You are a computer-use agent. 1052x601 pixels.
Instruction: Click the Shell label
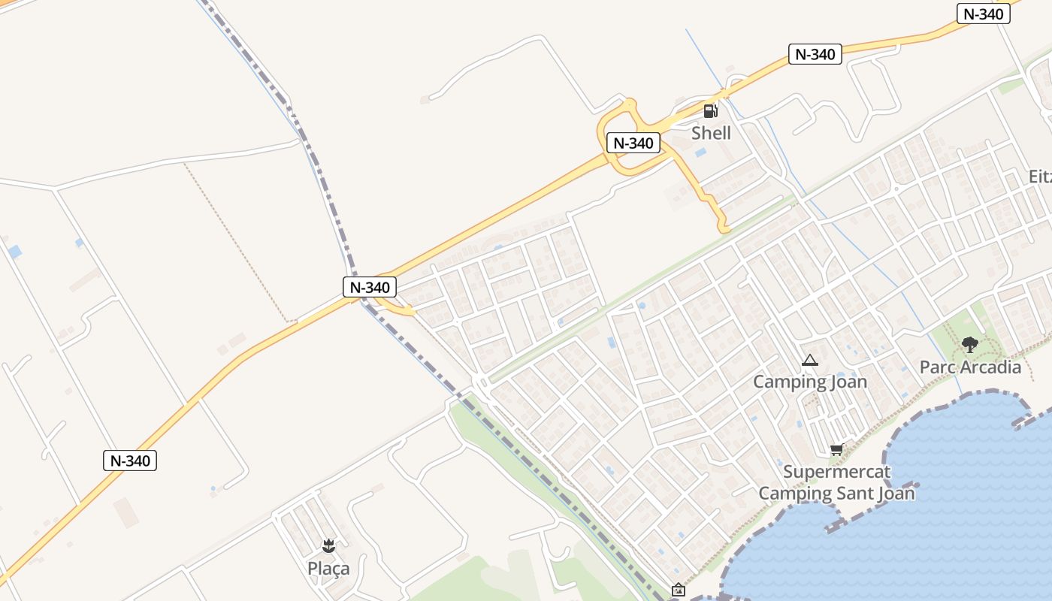tap(711, 133)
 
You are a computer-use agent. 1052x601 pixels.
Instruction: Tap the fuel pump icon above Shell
tap(710, 111)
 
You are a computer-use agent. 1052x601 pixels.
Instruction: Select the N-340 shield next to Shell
tap(633, 143)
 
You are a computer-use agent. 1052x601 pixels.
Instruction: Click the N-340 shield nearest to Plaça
tap(130, 461)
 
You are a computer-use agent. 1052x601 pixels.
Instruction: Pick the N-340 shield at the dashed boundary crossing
tap(370, 287)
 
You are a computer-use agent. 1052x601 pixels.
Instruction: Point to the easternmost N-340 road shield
tap(983, 14)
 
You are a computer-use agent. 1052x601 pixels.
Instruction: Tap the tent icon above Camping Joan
tap(809, 361)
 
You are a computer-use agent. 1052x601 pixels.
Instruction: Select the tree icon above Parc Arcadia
tap(970, 345)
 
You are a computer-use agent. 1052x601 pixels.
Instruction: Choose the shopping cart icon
tap(836, 450)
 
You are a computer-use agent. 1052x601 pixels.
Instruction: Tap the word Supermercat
tap(836, 473)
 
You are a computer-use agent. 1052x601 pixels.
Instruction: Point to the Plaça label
tap(328, 568)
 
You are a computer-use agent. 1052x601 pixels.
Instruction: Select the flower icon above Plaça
tap(328, 545)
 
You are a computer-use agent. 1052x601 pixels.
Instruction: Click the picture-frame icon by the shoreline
tap(679, 590)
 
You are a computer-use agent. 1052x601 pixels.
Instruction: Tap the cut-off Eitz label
tap(1040, 177)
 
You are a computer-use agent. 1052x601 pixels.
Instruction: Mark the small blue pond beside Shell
tap(700, 153)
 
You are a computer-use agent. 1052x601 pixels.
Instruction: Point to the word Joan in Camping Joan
tap(848, 382)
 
